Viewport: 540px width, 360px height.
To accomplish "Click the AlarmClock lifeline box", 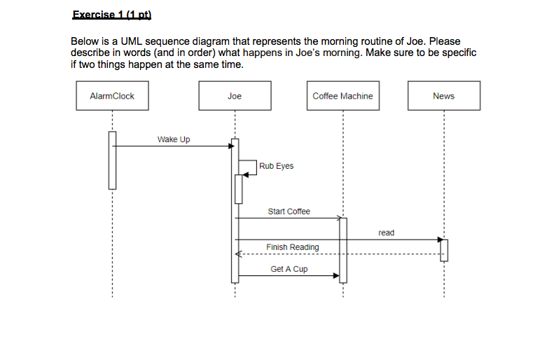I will tap(112, 96).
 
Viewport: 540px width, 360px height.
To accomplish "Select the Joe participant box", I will tap(235, 96).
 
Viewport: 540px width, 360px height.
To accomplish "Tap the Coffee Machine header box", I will tap(342, 96).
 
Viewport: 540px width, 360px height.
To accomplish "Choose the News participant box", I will tap(443, 96).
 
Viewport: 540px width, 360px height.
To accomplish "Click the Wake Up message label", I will tap(174, 139).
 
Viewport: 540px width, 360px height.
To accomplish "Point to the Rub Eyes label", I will tap(276, 166).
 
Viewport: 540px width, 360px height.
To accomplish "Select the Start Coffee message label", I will tap(289, 211).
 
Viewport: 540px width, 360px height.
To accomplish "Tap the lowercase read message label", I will tap(386, 233).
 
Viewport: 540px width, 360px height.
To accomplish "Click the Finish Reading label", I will tap(292, 247).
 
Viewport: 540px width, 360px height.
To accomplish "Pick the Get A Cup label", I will tap(289, 269).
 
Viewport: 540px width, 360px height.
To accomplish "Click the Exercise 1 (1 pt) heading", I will tap(111, 15).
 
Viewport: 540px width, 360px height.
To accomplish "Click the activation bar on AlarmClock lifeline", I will tap(112, 160).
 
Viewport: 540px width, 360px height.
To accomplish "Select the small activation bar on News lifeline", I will tap(443, 250).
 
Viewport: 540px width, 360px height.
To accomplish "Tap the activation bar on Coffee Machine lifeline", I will tap(343, 249).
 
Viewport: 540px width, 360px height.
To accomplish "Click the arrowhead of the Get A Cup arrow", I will tap(336, 276).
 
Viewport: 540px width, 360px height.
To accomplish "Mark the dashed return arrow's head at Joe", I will tap(239, 254).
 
